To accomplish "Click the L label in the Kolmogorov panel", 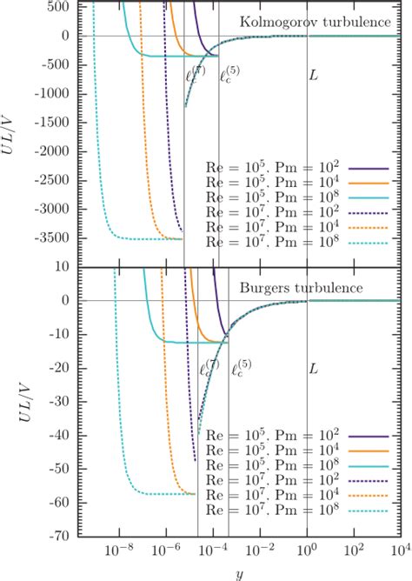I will (314, 76).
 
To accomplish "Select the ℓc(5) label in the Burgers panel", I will (241, 369).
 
